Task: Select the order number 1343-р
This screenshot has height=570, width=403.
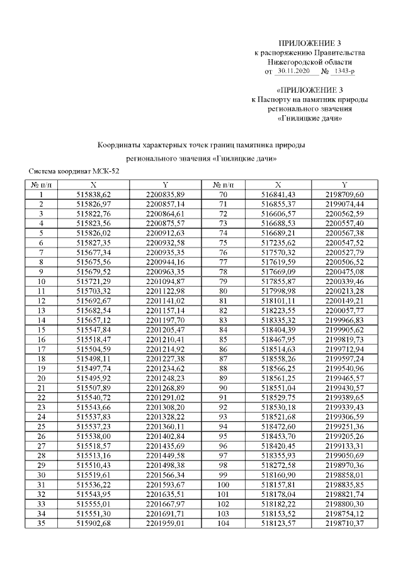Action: click(345, 72)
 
